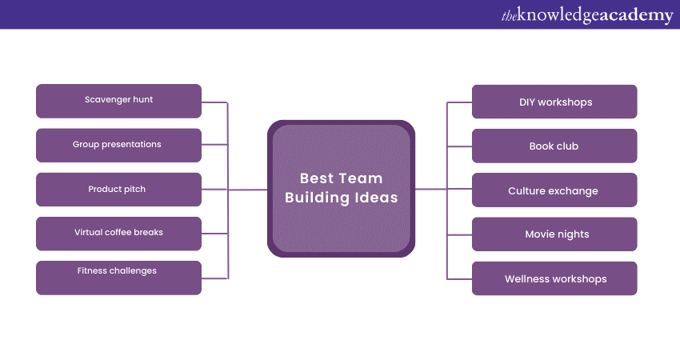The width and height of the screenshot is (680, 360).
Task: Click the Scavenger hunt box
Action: pos(119,101)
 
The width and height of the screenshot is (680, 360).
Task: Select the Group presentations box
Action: pos(119,146)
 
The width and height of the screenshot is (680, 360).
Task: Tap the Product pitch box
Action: pos(119,190)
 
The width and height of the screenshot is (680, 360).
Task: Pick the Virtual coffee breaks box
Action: pos(119,234)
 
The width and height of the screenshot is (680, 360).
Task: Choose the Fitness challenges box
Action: pos(119,278)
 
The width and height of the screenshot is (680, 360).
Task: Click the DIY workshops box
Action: pos(554,102)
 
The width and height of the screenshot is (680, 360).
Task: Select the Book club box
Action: pos(554,146)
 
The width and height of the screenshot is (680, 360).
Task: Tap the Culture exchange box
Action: pos(554,190)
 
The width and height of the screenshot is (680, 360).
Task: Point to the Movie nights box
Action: pos(554,234)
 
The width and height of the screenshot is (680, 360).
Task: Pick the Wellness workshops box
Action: pos(554,278)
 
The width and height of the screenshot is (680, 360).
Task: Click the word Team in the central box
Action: pos(360,178)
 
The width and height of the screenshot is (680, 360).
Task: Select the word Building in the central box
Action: pos(318,198)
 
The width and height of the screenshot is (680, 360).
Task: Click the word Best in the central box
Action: pos(317,178)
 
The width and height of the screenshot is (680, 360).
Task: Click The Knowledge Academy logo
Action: pos(587,15)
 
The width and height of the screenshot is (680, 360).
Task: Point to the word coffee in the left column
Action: pos(118,232)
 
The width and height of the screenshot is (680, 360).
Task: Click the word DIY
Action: pos(527,102)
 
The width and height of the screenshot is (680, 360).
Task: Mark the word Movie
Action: pos(538,234)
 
